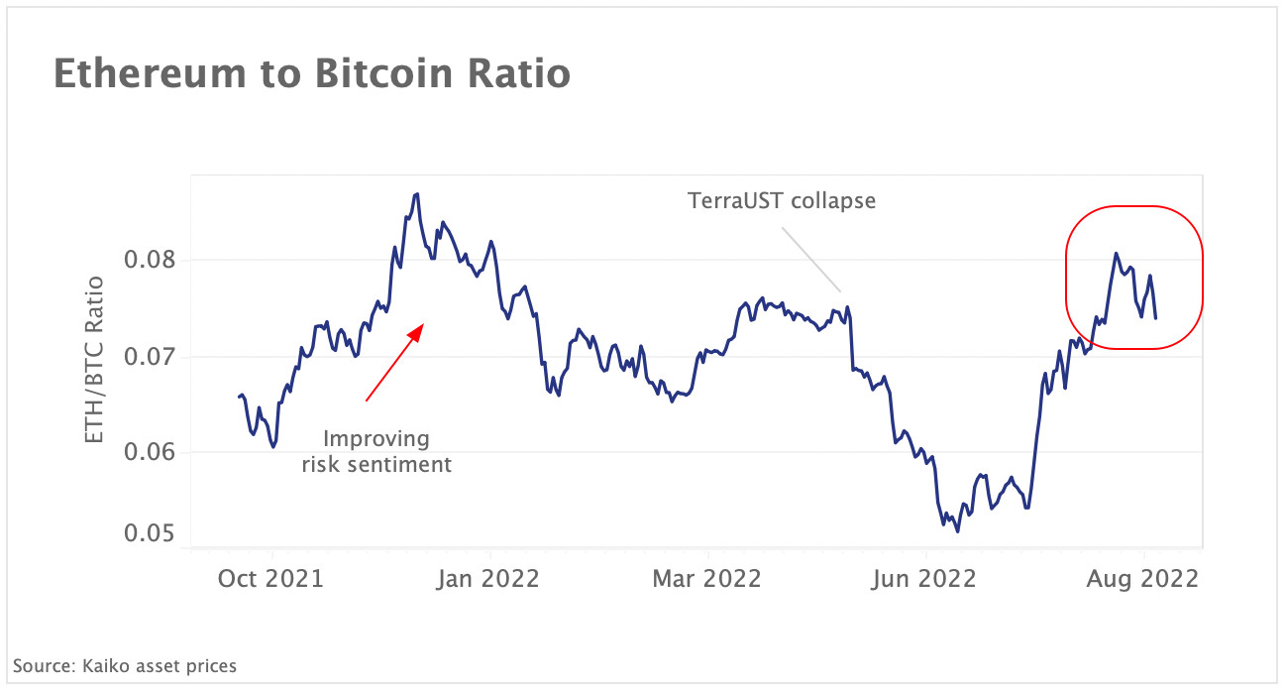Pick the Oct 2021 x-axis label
pos(270,578)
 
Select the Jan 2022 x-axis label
pos(488,578)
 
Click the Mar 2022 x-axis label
pos(706,578)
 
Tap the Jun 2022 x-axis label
pos(923,578)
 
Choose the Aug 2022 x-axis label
pos(1142,578)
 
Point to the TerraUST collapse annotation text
pos(782,200)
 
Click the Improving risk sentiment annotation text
pos(377,451)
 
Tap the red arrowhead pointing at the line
pos(417,330)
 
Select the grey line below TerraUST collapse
pos(811,260)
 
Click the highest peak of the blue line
pos(417,193)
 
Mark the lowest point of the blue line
pos(957,531)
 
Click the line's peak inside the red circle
pos(1116,253)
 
